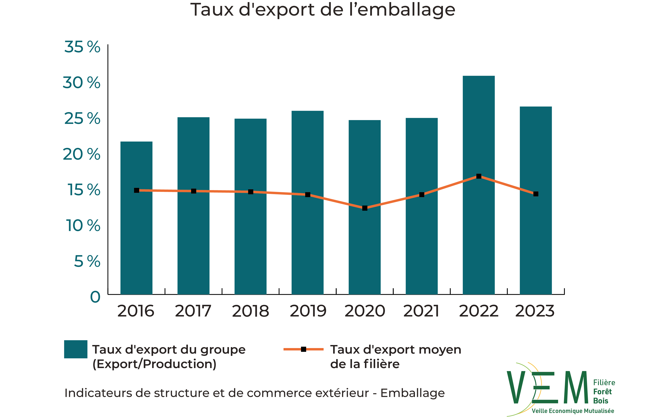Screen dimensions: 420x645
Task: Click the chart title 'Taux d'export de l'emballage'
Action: pyautogui.click(x=322, y=10)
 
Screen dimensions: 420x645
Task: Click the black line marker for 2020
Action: pyautogui.click(x=365, y=208)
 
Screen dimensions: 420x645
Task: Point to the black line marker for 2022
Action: pyautogui.click(x=479, y=176)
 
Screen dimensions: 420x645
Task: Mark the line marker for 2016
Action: pyautogui.click(x=137, y=190)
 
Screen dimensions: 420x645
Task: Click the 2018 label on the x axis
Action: pyautogui.click(x=250, y=311)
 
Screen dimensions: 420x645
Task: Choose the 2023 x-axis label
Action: pyautogui.click(x=535, y=311)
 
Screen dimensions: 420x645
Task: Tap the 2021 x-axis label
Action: pyautogui.click(x=421, y=311)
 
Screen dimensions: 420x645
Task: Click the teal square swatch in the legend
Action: pyautogui.click(x=76, y=349)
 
